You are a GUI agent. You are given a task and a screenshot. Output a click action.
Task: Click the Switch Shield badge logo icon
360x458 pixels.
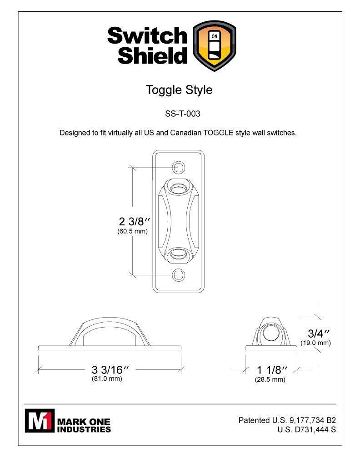pos(215,46)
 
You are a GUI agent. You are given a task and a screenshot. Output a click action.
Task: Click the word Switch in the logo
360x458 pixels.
pos(147,36)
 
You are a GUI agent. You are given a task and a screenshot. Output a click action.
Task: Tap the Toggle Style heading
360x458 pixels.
pos(179,90)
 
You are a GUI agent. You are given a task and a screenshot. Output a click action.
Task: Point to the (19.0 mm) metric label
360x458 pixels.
pos(315,343)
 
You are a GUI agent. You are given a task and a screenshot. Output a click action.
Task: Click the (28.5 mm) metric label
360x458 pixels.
pos(270,379)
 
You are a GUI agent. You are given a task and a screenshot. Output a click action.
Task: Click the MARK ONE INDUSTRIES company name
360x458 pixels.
pos(84,425)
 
